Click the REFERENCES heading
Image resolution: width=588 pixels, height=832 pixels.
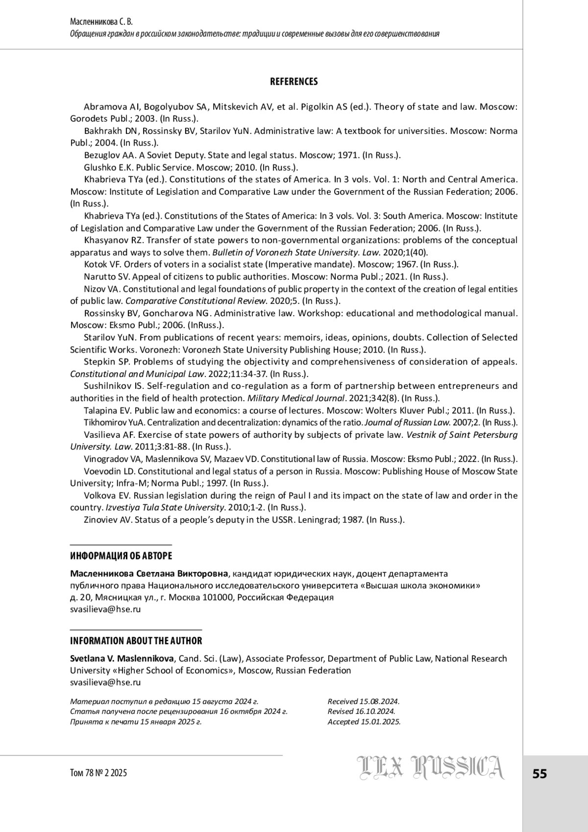pyautogui.click(x=294, y=82)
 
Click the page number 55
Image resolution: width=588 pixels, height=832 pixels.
pyautogui.click(x=539, y=774)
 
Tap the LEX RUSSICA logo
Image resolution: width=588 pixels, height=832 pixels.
pyautogui.click(x=431, y=768)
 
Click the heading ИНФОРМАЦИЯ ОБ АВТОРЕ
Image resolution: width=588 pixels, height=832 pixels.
pyautogui.click(x=121, y=556)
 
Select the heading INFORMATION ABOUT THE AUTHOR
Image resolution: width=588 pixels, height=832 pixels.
pyautogui.click(x=136, y=641)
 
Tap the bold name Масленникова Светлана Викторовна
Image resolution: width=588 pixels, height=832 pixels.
pyautogui.click(x=149, y=574)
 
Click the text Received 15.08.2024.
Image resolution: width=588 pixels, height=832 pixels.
pyautogui.click(x=364, y=702)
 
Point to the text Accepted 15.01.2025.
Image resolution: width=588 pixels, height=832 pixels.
pyautogui.click(x=364, y=722)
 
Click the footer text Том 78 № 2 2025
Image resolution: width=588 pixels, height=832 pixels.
pyautogui.click(x=98, y=773)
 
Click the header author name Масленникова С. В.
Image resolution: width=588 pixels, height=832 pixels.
pyautogui.click(x=101, y=22)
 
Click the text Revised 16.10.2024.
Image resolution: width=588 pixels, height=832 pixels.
pyautogui.click(x=362, y=711)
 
